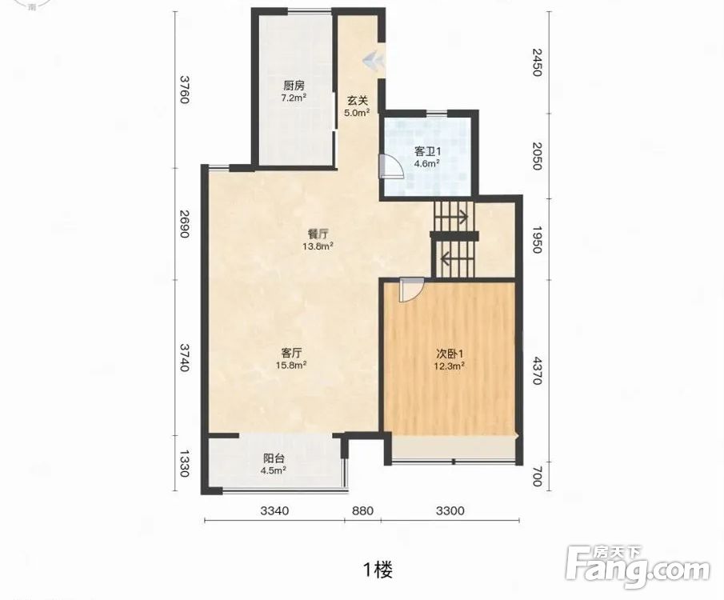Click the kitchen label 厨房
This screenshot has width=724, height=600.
point(294,86)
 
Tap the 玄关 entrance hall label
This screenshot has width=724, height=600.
point(358,100)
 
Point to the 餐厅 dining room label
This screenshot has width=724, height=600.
point(318,234)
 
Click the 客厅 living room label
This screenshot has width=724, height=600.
point(292,353)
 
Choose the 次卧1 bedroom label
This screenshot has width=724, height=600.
point(450,354)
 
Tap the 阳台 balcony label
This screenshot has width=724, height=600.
point(274,458)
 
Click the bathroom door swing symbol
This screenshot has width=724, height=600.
point(390,166)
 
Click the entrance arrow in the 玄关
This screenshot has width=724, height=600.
point(373,61)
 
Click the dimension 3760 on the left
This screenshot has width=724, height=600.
point(185,90)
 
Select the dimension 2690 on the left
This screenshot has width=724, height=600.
point(185,224)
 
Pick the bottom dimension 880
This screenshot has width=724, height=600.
point(362,510)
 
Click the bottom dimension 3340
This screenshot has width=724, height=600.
point(274,510)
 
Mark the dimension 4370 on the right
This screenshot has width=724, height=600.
point(537,370)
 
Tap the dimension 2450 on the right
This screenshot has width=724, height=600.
point(537,62)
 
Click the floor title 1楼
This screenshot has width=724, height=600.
point(378,570)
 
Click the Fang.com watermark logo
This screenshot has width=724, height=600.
point(638,566)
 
